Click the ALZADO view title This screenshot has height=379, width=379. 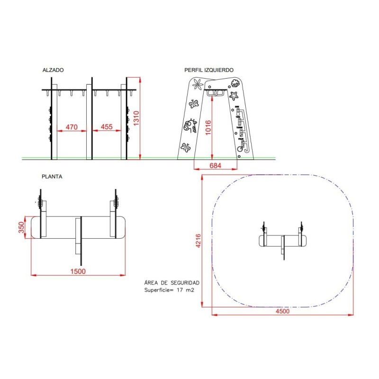click(x=53, y=70)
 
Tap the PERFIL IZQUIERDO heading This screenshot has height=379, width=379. click(x=209, y=70)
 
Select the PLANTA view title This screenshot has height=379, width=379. click(x=52, y=177)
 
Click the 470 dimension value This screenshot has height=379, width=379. click(x=72, y=127)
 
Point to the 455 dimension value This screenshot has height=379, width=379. click(x=107, y=126)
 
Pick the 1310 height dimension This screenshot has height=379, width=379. click(x=136, y=118)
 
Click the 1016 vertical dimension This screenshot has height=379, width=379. click(x=208, y=127)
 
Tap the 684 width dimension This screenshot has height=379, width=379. click(x=215, y=165)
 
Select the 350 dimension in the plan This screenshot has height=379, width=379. click(x=21, y=227)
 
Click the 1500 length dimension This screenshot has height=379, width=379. click(x=78, y=271)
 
